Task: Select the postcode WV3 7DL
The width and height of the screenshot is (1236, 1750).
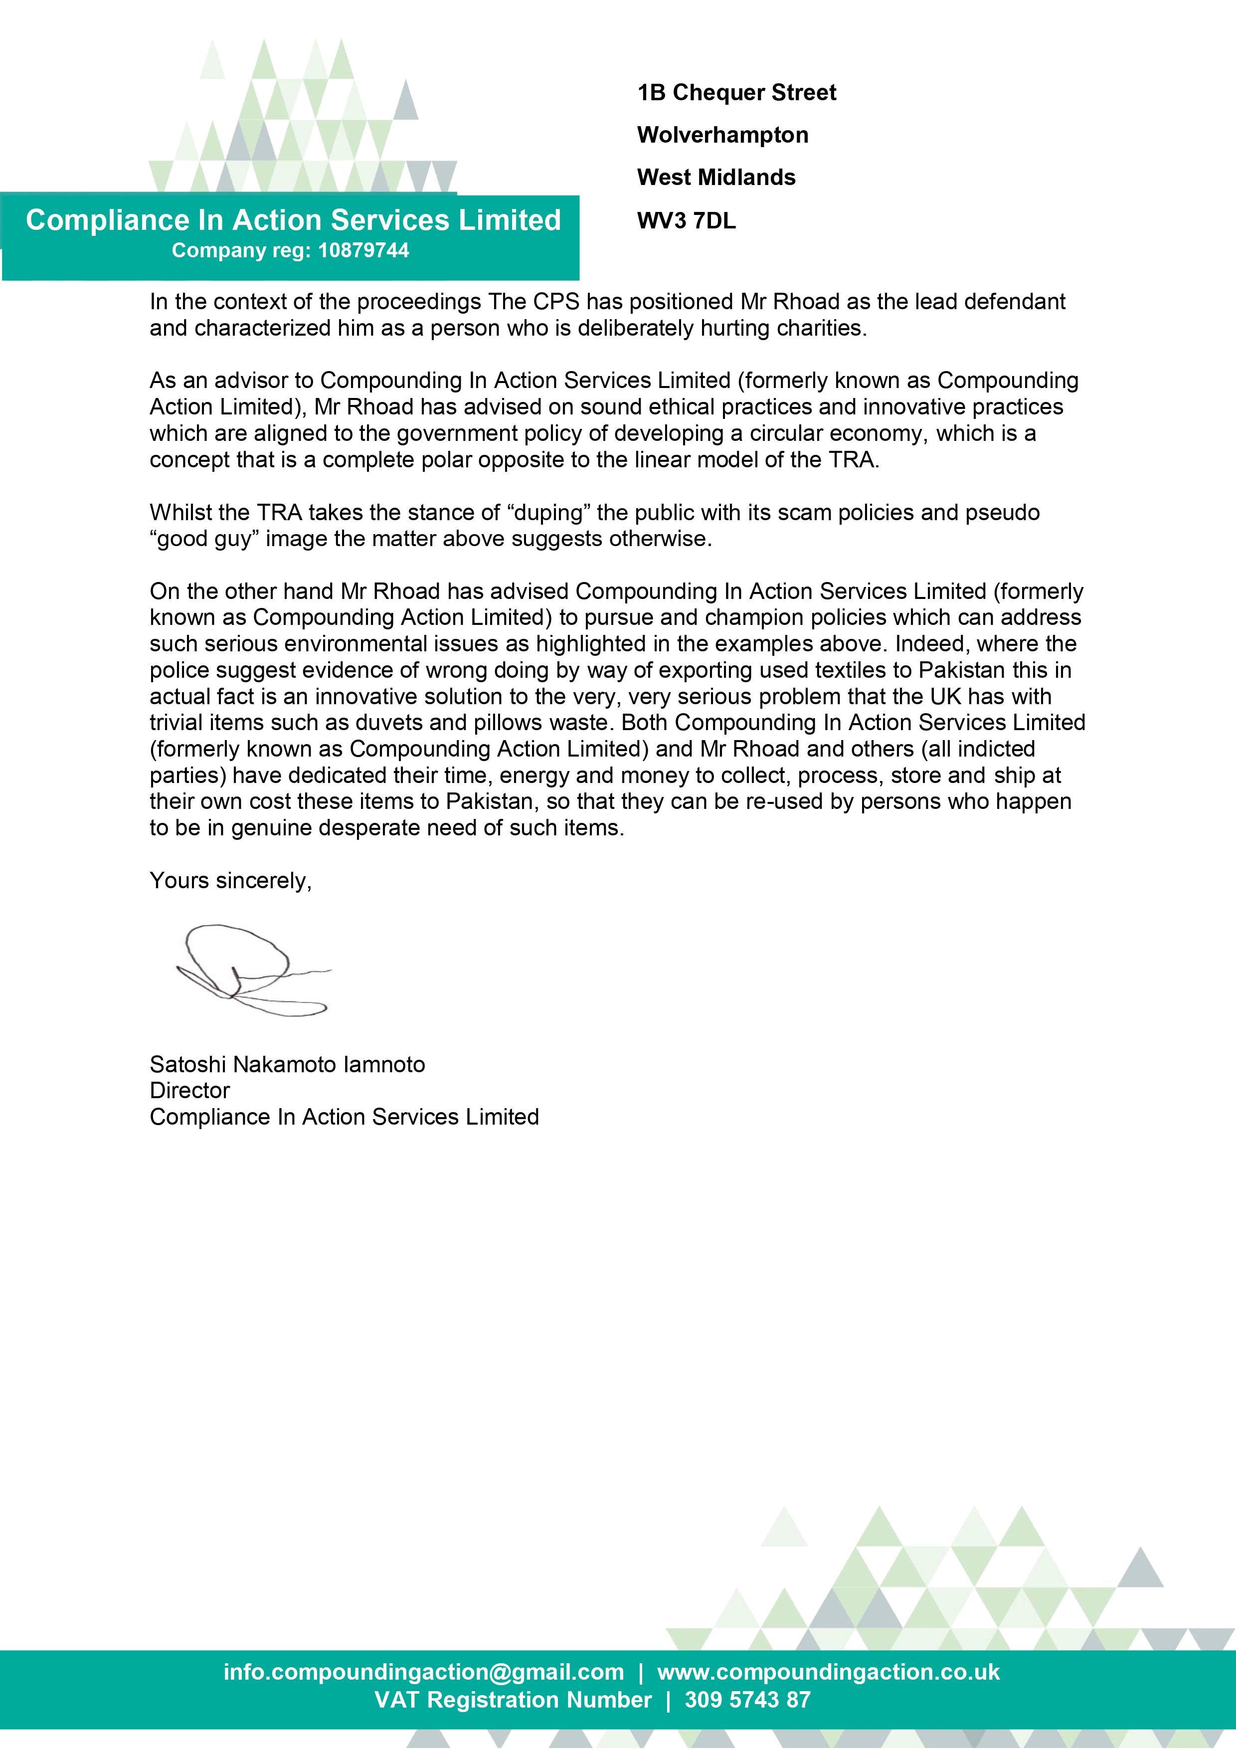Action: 686,221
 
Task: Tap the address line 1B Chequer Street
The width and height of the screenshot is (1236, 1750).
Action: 736,93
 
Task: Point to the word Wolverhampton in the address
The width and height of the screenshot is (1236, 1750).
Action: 722,135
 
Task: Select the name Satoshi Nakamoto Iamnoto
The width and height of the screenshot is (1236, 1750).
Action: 287,1064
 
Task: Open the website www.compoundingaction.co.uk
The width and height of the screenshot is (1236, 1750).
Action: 828,1672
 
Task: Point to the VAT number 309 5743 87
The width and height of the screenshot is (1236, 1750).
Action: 747,1699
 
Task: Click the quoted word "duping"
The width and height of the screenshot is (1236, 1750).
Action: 548,512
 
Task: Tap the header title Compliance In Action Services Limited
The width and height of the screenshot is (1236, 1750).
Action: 293,220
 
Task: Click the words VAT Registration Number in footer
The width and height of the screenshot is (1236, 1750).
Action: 513,1699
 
